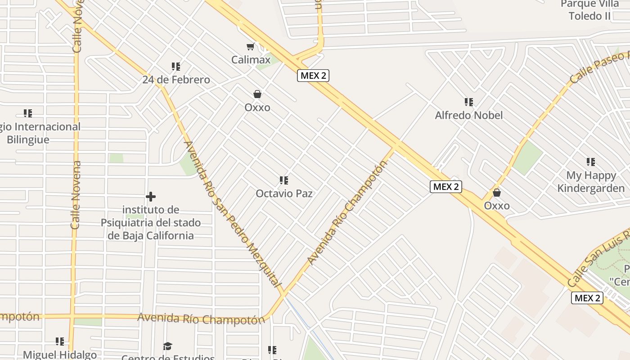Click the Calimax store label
point(251,59)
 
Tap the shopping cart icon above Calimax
point(251,46)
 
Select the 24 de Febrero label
point(176,80)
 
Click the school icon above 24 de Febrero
point(176,67)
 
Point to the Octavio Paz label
point(284,193)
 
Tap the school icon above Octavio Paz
point(284,180)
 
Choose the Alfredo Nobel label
point(469,115)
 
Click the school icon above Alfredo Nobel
point(469,102)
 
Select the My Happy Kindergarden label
point(591,182)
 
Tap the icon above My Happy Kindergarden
point(591,162)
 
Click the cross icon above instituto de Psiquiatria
point(151,197)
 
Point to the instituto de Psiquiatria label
point(151,222)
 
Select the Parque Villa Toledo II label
point(590,10)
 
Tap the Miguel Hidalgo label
point(60,355)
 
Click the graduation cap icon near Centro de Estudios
point(168,346)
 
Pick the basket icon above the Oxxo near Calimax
point(257,94)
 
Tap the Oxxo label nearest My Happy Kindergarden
point(497,206)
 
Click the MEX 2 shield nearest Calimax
point(313,76)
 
